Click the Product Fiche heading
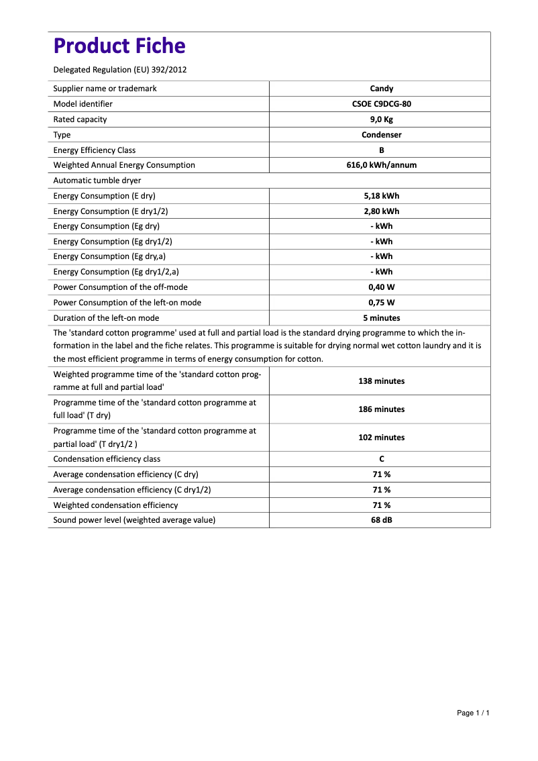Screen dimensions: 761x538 pyautogui.click(x=119, y=46)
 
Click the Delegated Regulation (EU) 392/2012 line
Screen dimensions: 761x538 pyautogui.click(x=119, y=70)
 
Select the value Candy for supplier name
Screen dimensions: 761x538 pyautogui.click(x=381, y=89)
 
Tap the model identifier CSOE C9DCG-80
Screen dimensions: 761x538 pyautogui.click(x=381, y=104)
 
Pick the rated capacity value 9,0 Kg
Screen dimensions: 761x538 pyautogui.click(x=381, y=119)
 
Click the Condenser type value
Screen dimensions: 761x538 pyautogui.click(x=381, y=135)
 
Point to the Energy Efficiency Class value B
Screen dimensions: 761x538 pyautogui.click(x=381, y=150)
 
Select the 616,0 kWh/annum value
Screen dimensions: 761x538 pyautogui.click(x=381, y=165)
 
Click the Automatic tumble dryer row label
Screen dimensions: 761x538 pyautogui.click(x=97, y=181)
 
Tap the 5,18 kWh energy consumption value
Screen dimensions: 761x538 pyautogui.click(x=381, y=196)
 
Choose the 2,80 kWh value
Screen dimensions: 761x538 pyautogui.click(x=381, y=211)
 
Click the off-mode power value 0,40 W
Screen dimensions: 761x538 pyautogui.click(x=381, y=287)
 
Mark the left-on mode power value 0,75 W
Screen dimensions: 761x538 pyautogui.click(x=381, y=303)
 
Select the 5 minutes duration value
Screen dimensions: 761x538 pyautogui.click(x=381, y=318)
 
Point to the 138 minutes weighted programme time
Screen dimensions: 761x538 pyautogui.click(x=381, y=381)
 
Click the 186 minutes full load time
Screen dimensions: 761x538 pyautogui.click(x=381, y=409)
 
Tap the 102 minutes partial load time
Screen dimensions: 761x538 pyautogui.click(x=381, y=438)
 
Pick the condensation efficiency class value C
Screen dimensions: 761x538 pyautogui.click(x=381, y=459)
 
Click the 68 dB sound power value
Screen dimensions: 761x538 pyautogui.click(x=381, y=520)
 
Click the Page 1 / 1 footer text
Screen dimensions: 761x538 pyautogui.click(x=473, y=713)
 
